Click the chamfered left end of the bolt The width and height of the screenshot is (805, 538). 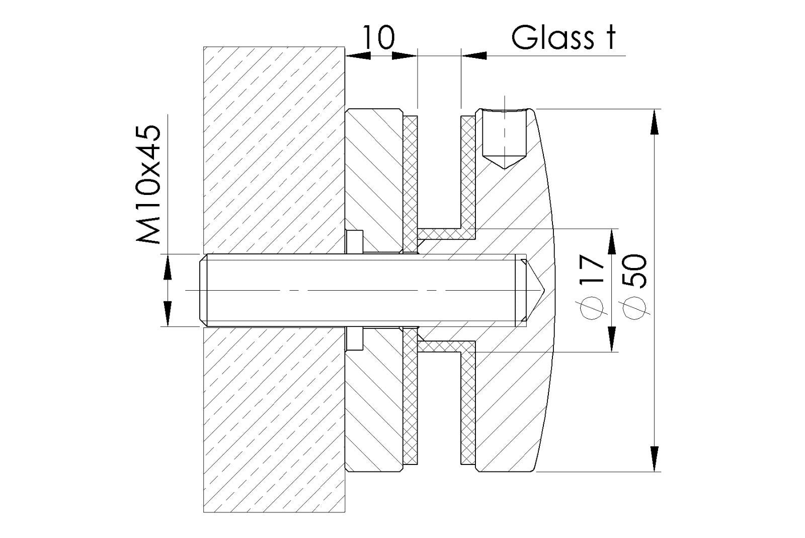point(203,290)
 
